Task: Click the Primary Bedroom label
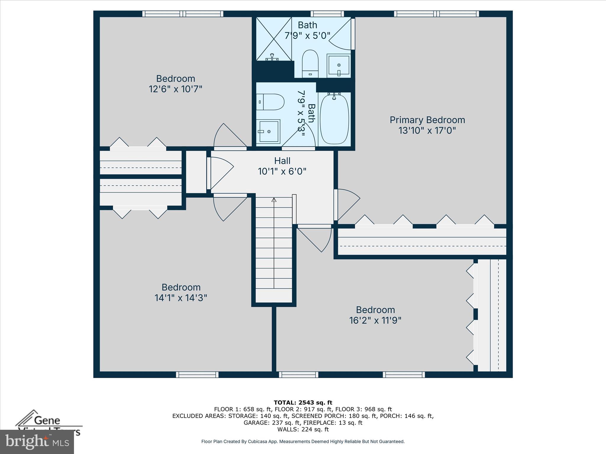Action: pyautogui.click(x=427, y=120)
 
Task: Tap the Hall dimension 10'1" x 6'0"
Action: pyautogui.click(x=282, y=171)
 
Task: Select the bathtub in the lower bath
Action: pyautogui.click(x=334, y=119)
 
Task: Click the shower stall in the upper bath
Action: pyautogui.click(x=274, y=39)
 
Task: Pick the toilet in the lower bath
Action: pyautogui.click(x=270, y=102)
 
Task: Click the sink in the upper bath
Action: pyautogui.click(x=339, y=65)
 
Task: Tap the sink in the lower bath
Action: pyautogui.click(x=268, y=131)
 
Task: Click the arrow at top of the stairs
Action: pyautogui.click(x=274, y=200)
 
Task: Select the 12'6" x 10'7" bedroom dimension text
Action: pyautogui.click(x=175, y=89)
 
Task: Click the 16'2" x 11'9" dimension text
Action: pyautogui.click(x=375, y=320)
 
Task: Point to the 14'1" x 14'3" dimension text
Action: pyautogui.click(x=180, y=298)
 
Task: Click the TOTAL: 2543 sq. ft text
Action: pyautogui.click(x=303, y=403)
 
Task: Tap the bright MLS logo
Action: pyautogui.click(x=37, y=442)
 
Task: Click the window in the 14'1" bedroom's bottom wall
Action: pyautogui.click(x=197, y=374)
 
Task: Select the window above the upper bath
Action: pyautogui.click(x=327, y=14)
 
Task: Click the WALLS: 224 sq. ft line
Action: pyautogui.click(x=303, y=429)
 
